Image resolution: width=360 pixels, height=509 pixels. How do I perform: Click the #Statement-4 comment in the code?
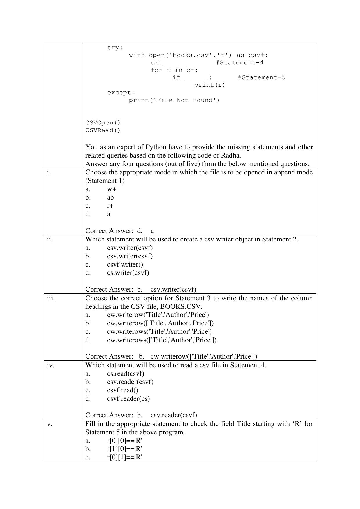coord(240,63)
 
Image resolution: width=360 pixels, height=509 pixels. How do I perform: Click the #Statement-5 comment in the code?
coord(261,77)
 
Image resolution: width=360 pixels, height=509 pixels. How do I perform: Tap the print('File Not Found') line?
coord(174,100)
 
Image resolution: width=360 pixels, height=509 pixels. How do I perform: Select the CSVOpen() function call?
coord(103,123)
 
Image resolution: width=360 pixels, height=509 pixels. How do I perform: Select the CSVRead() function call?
coord(103,130)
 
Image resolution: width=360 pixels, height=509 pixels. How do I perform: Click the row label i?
coord(48,172)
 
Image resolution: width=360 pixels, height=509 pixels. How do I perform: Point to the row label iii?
coord(50,298)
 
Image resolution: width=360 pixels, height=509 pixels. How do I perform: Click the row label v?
coord(49,424)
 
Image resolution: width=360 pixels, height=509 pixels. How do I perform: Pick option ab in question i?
coord(110,198)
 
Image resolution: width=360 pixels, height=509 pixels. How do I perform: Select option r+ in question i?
coord(110,206)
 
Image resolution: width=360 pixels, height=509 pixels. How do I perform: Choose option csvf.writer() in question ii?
coord(125,265)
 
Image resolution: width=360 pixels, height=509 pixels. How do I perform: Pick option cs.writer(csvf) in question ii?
coord(128,273)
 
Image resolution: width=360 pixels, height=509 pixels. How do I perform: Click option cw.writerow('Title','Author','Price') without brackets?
coord(158,315)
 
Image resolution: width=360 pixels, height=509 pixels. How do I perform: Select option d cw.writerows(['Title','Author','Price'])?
coord(162,340)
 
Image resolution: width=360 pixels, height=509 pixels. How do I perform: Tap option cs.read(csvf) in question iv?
coord(125,374)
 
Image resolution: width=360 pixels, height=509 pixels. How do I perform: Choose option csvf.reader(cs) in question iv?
coord(128,399)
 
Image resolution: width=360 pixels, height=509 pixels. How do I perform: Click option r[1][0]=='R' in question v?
coord(124,449)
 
